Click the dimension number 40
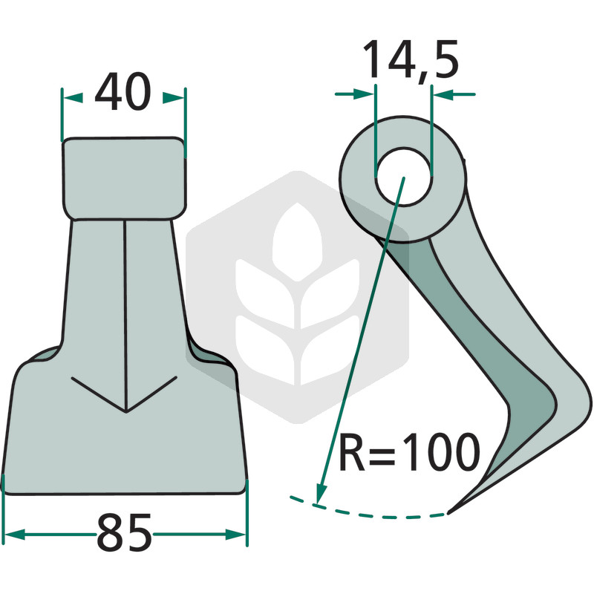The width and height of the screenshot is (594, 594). tap(123, 91)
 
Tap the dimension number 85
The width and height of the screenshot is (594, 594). tap(125, 532)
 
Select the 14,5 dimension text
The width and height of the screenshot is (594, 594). tap(411, 59)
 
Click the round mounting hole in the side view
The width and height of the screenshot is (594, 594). tap(403, 177)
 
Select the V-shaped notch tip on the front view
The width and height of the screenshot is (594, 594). tap(125, 411)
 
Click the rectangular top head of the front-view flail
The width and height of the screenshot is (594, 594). tap(124, 178)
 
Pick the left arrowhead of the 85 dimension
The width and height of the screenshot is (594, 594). tap(14, 535)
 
